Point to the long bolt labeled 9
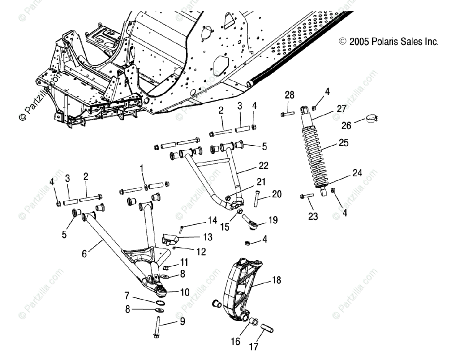(x=158, y=328)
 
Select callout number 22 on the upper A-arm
(x=263, y=166)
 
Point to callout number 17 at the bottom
(x=254, y=346)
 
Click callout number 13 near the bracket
(x=207, y=237)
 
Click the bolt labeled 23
(x=307, y=196)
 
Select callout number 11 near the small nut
(x=185, y=262)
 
